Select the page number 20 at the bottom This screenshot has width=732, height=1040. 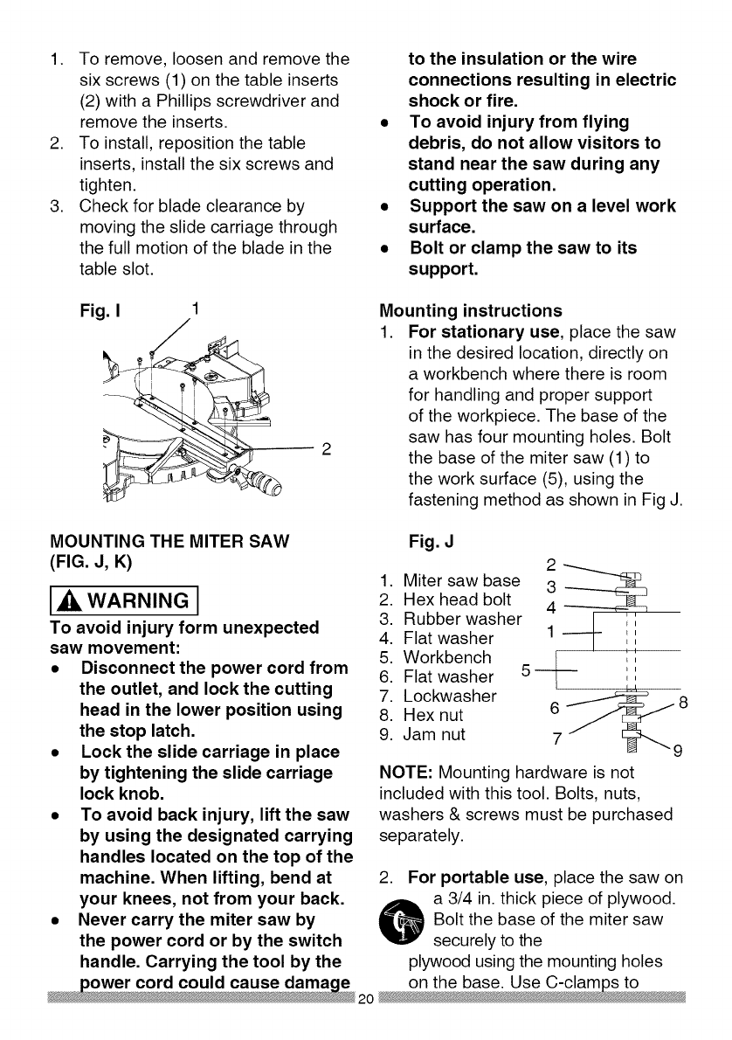pos(367,1023)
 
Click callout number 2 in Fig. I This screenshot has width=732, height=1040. pos(327,450)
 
